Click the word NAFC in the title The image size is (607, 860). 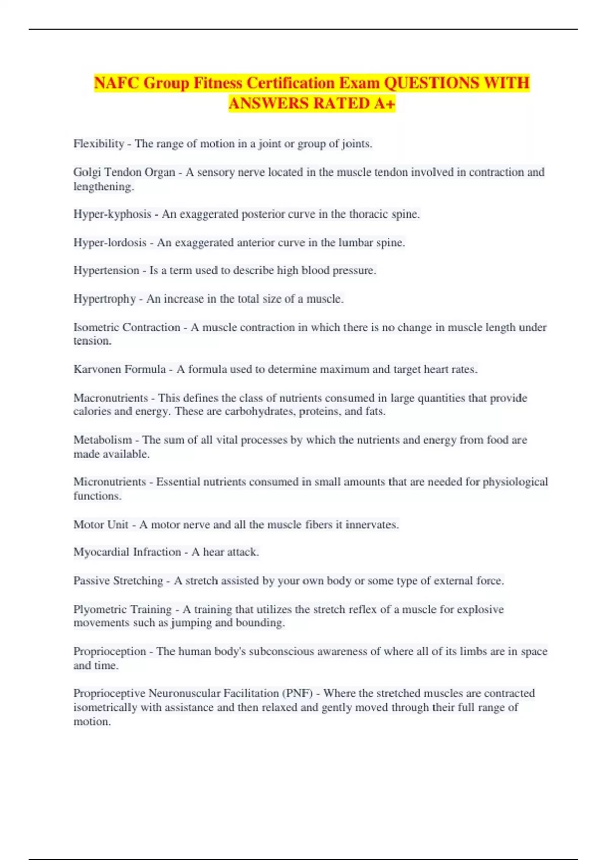click(116, 82)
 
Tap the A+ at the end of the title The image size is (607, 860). click(384, 103)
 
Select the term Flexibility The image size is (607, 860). click(99, 144)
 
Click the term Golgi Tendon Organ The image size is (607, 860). click(124, 172)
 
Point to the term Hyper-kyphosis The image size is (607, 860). click(112, 214)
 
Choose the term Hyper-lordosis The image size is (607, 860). click(110, 243)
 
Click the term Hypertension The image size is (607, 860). click(106, 270)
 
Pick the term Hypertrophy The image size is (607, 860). click(105, 299)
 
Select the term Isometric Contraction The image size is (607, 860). click(126, 327)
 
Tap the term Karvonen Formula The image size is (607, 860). click(119, 369)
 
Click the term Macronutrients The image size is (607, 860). click(111, 398)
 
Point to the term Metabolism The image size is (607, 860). click(102, 440)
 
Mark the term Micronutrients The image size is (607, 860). click(110, 482)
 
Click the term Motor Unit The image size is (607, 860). click(101, 525)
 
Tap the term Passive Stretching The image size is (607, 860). click(118, 581)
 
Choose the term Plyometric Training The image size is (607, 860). click(122, 609)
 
